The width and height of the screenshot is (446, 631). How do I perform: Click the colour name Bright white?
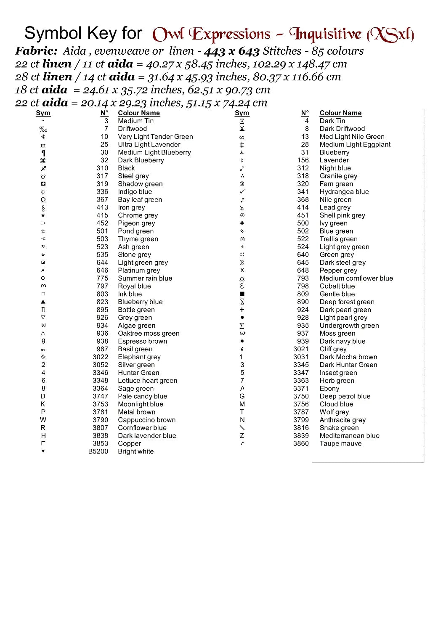[135, 451]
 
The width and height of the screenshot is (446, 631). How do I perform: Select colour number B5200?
[98, 451]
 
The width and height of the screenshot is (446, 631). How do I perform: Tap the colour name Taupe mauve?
[340, 443]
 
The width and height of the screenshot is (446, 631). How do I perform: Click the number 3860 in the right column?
[301, 443]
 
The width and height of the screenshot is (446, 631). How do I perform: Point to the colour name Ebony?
[329, 388]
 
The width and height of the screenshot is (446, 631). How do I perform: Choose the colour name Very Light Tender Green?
[155, 137]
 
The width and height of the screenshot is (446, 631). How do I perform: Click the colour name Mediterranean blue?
[349, 436]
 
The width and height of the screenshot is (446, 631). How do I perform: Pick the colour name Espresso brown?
[142, 341]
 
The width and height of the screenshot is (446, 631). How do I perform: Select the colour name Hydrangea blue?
[344, 192]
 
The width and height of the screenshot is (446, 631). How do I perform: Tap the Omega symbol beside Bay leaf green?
[43, 200]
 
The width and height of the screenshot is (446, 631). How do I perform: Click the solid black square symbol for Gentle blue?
[242, 294]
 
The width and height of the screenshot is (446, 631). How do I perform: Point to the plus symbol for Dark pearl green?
[242, 310]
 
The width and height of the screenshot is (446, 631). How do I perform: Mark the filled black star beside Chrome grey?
[43, 215]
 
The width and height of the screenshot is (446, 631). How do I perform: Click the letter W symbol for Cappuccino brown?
[43, 420]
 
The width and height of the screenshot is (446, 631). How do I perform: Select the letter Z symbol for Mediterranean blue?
[242, 436]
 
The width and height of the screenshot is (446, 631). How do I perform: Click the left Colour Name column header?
[139, 113]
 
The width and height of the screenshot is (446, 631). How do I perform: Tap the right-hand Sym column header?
[242, 113]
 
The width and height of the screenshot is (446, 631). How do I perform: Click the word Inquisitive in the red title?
[325, 34]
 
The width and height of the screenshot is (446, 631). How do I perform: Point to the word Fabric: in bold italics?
[37, 51]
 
